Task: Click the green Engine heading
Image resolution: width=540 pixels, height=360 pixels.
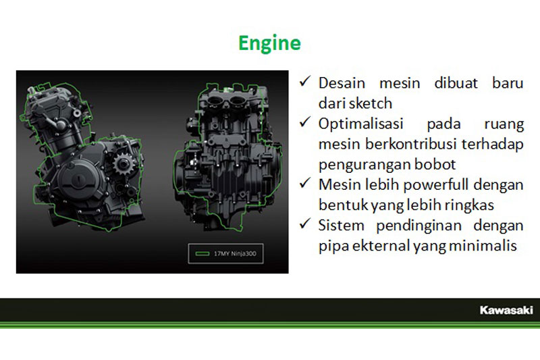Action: point(269,43)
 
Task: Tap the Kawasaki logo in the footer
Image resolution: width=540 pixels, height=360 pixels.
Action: point(506,310)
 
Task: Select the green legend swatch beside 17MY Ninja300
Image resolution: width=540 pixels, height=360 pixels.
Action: point(202,253)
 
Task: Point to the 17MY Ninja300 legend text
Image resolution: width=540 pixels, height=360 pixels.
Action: point(235,253)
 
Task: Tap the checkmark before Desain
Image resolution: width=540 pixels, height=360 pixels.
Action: point(305,81)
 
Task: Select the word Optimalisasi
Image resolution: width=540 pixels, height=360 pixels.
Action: point(360,124)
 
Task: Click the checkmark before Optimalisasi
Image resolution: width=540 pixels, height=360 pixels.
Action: point(305,122)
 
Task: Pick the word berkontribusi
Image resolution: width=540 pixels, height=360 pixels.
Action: point(411,144)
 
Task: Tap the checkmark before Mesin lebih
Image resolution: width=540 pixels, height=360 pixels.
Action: point(305,183)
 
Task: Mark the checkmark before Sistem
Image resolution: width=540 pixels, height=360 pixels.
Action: point(305,224)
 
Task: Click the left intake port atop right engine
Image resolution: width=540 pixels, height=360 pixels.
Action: point(215,101)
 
